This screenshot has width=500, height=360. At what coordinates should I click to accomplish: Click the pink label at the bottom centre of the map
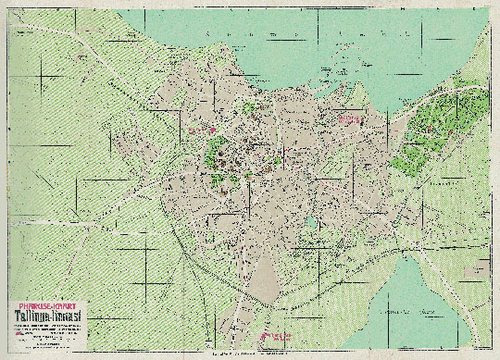tap(275, 335)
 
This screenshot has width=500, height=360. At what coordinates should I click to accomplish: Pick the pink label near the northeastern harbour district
tap(350, 120)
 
